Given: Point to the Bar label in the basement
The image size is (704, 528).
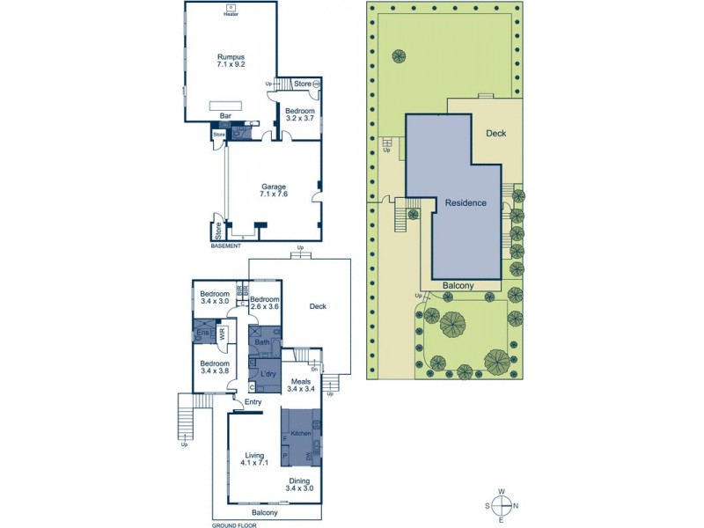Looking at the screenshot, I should pos(225,115).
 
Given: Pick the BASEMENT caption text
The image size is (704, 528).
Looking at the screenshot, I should pos(227,246).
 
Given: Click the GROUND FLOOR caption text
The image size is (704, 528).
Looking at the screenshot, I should pos(233,524).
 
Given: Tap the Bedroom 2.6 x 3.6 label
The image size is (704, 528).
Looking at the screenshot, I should pos(264,304).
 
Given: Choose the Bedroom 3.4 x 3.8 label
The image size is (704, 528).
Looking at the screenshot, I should pos(214,367).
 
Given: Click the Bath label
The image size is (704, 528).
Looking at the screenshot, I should pos(261,342).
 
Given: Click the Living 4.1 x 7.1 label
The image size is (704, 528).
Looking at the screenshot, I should pos(255,458).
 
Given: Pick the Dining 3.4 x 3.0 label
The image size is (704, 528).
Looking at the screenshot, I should pos(299,483).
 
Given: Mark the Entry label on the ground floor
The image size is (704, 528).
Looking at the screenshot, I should pos(254,402).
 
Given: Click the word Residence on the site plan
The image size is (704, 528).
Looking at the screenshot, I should pos(466,202).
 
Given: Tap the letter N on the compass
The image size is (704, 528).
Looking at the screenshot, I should pos(516,505).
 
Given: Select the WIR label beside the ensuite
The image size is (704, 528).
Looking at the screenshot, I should pos(223,334).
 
